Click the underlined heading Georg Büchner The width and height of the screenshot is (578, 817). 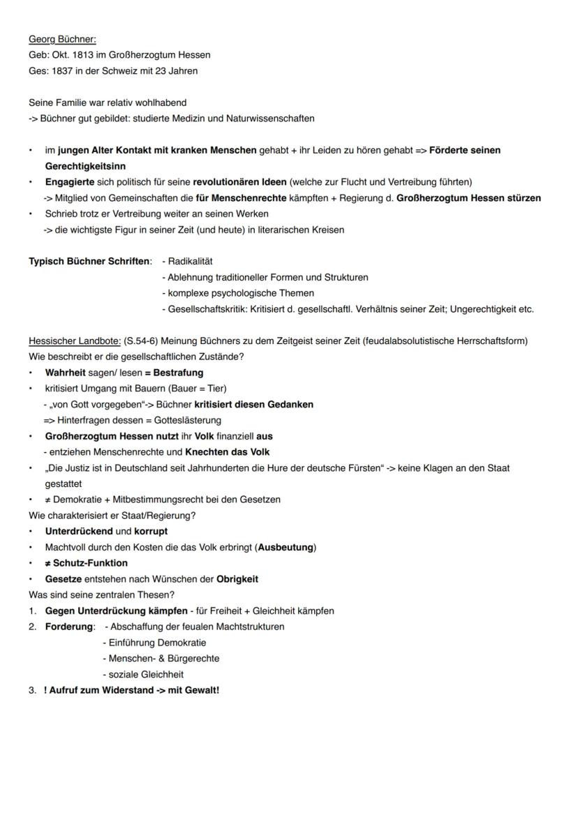coord(62,39)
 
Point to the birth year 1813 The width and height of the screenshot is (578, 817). coord(84,54)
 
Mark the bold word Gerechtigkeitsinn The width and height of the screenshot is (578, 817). coord(85,167)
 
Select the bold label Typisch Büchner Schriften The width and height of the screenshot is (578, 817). coord(89,261)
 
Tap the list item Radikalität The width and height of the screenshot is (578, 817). coord(190,261)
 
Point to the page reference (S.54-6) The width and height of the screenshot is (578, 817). coord(142,340)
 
